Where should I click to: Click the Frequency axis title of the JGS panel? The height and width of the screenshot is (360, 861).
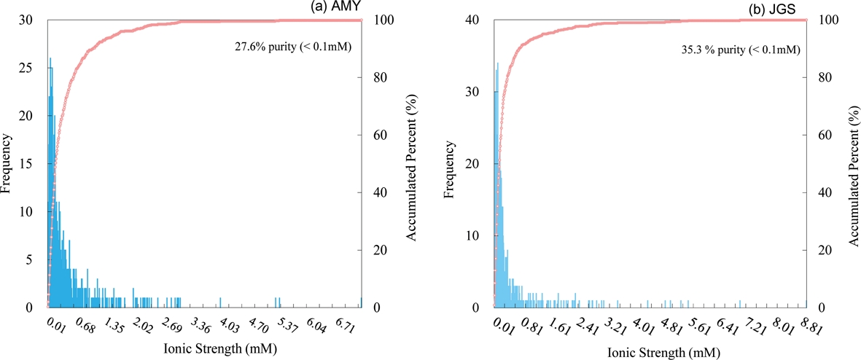tap(450, 169)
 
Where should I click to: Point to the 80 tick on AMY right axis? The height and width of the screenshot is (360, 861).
tap(373, 77)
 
